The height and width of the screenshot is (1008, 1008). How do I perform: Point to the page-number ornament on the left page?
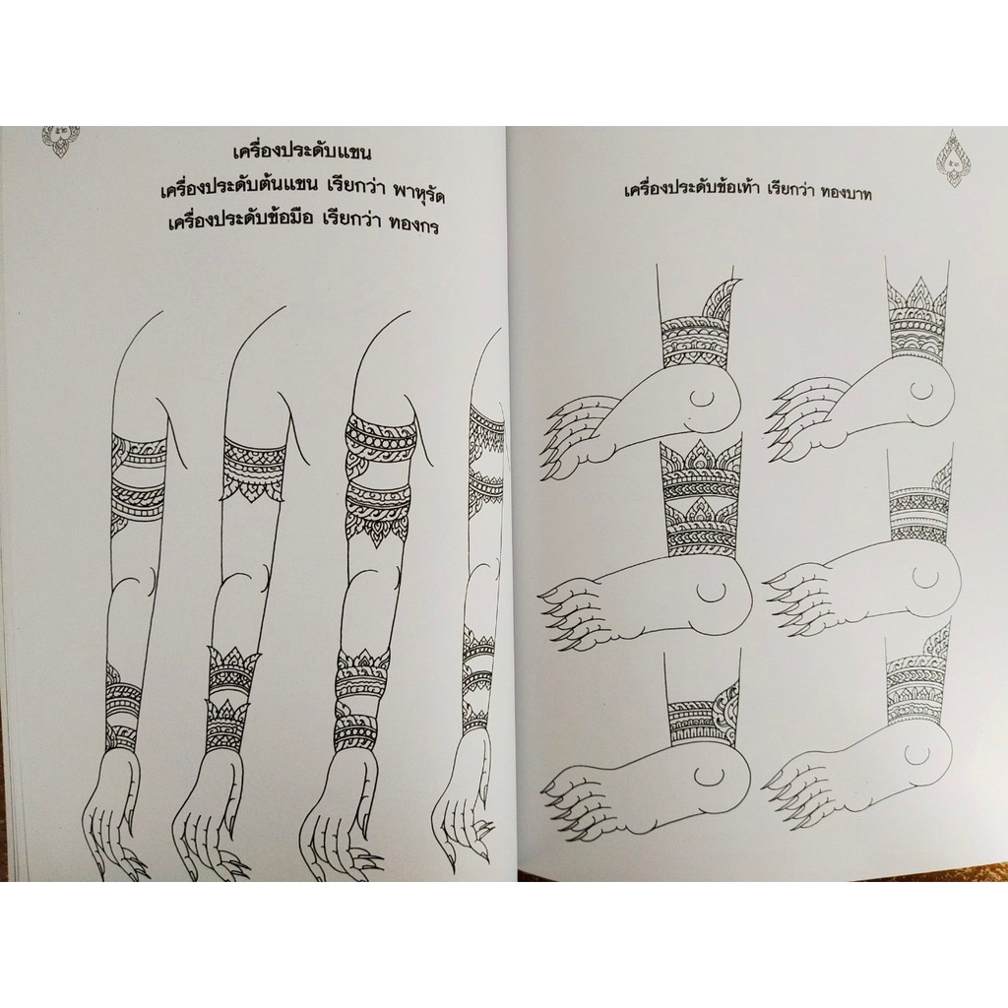pyautogui.click(x=55, y=142)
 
